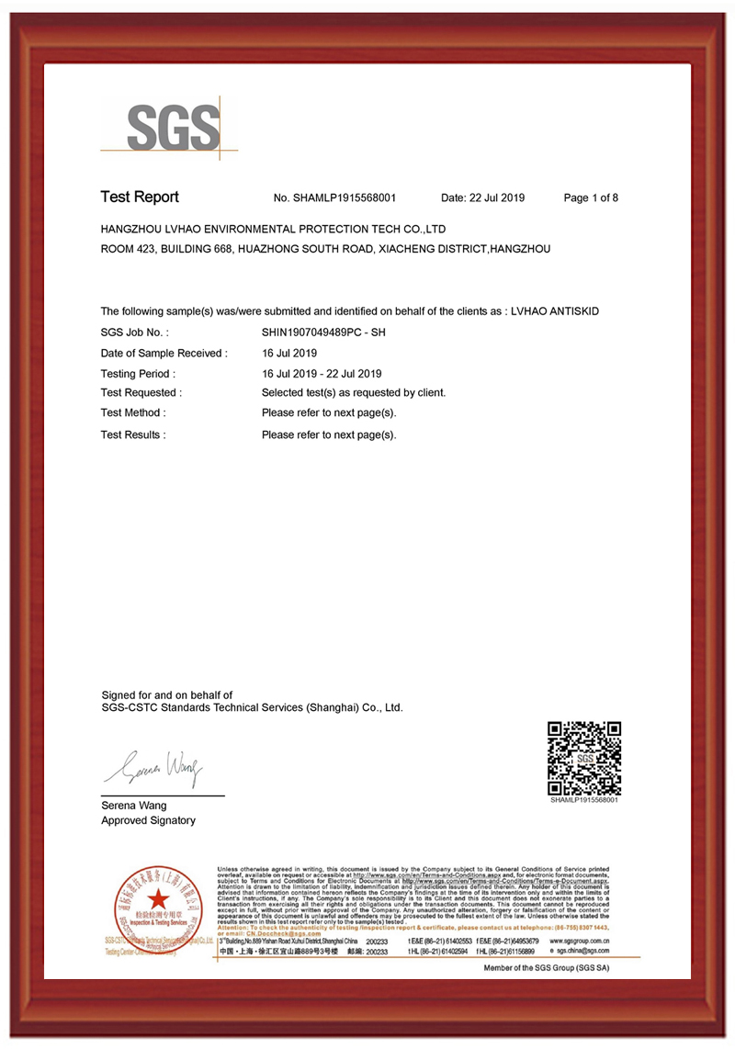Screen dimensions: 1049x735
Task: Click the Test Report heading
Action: [x=140, y=197]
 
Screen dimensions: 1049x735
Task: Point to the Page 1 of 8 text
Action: [x=591, y=197]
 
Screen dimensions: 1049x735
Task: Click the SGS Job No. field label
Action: [x=134, y=332]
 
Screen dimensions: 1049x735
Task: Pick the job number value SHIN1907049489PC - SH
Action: [x=324, y=332]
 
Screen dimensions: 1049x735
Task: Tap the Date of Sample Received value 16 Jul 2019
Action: [x=289, y=353]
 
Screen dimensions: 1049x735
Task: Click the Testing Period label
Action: [x=137, y=374]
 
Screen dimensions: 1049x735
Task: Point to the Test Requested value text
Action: [x=354, y=392]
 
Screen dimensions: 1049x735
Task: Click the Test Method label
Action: [x=132, y=412]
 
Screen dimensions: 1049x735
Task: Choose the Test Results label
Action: [x=133, y=434]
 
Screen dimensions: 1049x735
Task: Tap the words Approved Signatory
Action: [x=148, y=820]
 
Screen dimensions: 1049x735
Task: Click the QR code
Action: [x=584, y=759]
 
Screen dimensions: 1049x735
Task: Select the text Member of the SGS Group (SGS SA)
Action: [x=548, y=968]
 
